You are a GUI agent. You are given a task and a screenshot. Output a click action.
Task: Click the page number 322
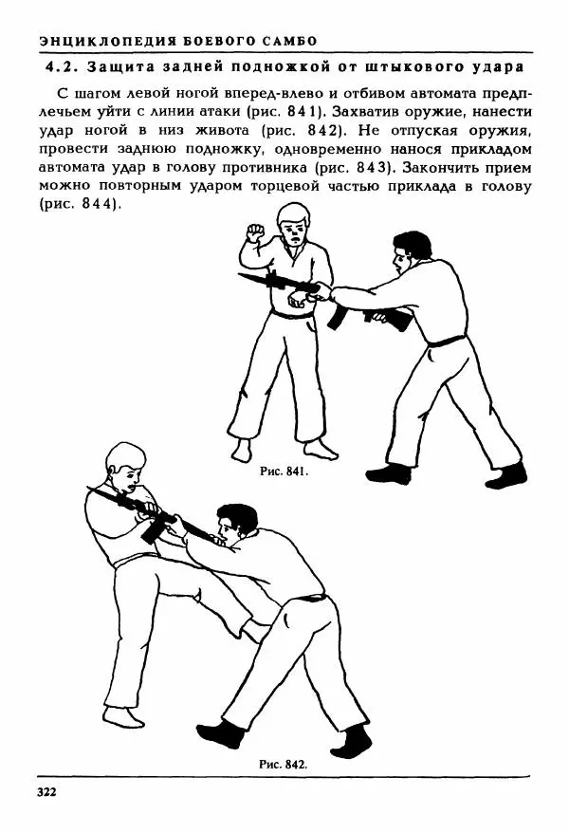tap(47, 791)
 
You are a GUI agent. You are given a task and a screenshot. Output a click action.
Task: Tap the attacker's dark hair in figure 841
tap(412, 244)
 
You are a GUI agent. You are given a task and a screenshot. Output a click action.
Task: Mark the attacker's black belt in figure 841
tap(445, 341)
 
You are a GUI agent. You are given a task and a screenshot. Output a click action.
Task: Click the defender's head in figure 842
tap(124, 468)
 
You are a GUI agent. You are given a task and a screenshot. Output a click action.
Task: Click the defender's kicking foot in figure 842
tap(254, 629)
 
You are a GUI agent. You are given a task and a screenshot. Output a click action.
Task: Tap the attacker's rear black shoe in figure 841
tap(510, 472)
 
